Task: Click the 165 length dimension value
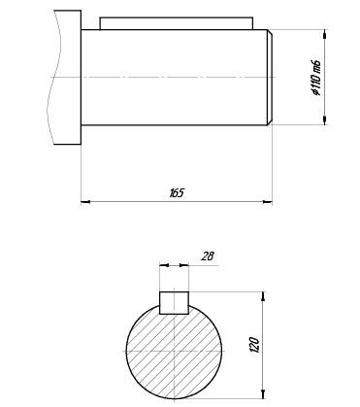pyautogui.click(x=177, y=193)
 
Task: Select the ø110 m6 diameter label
pyautogui.click(x=316, y=78)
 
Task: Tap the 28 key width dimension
pyautogui.click(x=208, y=256)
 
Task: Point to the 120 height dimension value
pyautogui.click(x=254, y=345)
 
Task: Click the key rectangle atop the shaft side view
pyautogui.click(x=177, y=23)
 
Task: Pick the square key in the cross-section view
pyautogui.click(x=174, y=303)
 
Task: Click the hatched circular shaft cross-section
pyautogui.click(x=174, y=352)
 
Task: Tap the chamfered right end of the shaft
pyautogui.click(x=270, y=77)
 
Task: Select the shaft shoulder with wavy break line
pyautogui.click(x=67, y=77)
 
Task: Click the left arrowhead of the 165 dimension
pyautogui.click(x=85, y=202)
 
